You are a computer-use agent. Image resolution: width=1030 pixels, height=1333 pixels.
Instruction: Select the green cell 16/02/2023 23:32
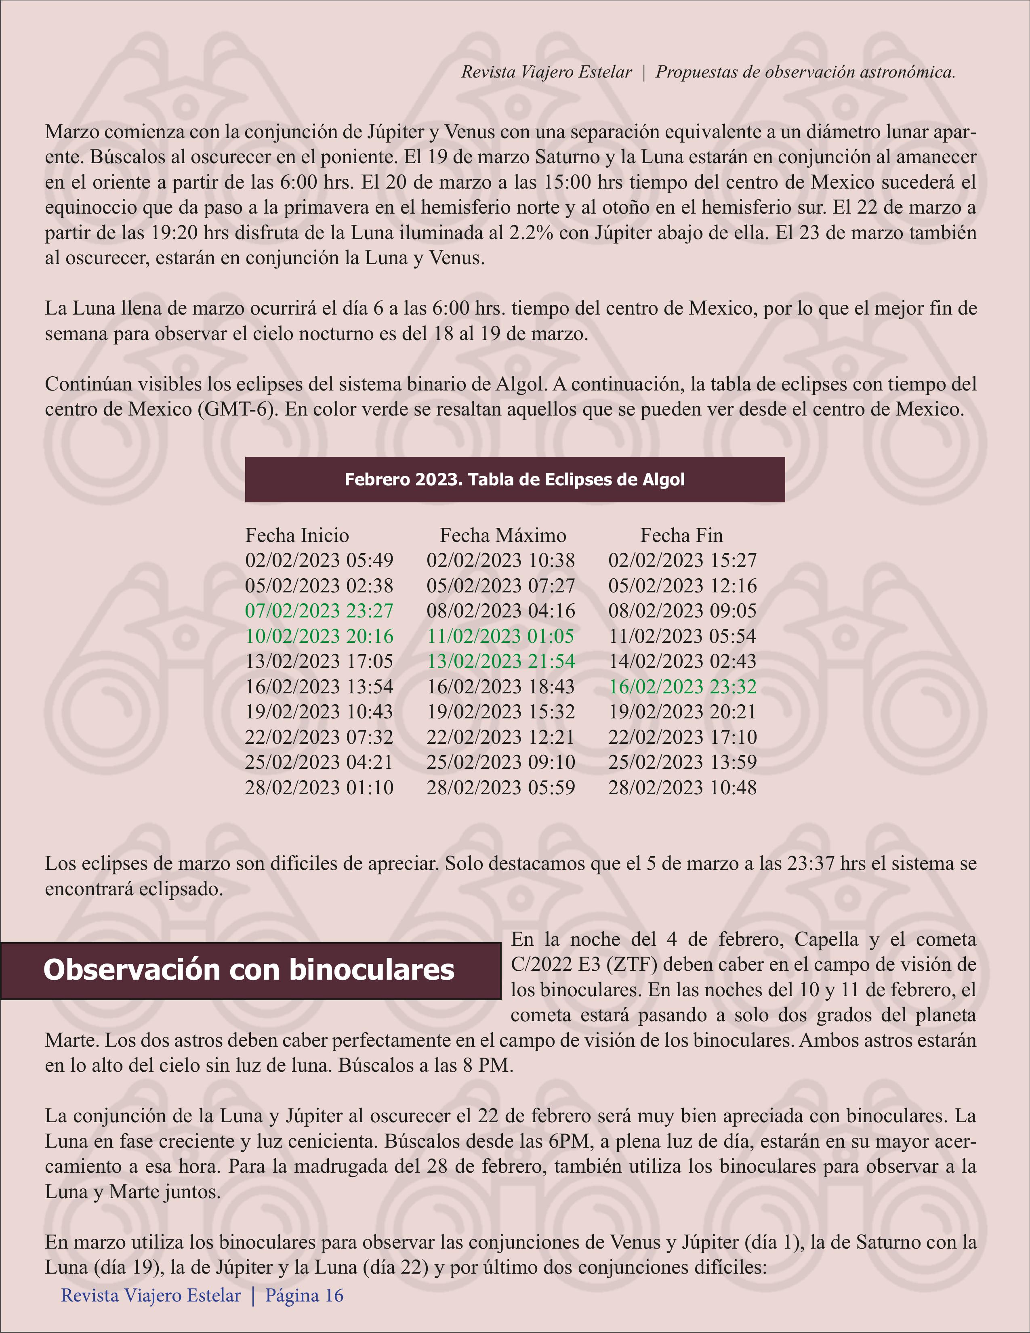tap(682, 686)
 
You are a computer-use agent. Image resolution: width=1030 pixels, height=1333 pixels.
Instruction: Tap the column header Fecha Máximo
tap(503, 535)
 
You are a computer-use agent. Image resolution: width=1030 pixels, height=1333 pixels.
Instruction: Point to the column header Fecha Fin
tap(681, 535)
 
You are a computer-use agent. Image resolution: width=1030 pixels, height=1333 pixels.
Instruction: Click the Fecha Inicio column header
tap(297, 535)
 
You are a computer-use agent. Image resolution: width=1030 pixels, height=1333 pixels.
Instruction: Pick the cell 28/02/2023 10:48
tap(682, 787)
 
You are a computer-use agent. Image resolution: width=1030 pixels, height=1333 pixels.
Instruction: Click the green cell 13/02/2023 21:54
tap(500, 661)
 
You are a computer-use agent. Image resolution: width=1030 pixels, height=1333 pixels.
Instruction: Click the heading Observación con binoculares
tap(249, 970)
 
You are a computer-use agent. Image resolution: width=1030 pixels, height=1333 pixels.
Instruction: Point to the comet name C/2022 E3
tap(556, 964)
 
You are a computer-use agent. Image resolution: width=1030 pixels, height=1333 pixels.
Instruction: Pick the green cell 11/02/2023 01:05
tap(500, 636)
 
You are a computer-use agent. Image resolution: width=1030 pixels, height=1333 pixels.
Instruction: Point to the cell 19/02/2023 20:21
tap(682, 712)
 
